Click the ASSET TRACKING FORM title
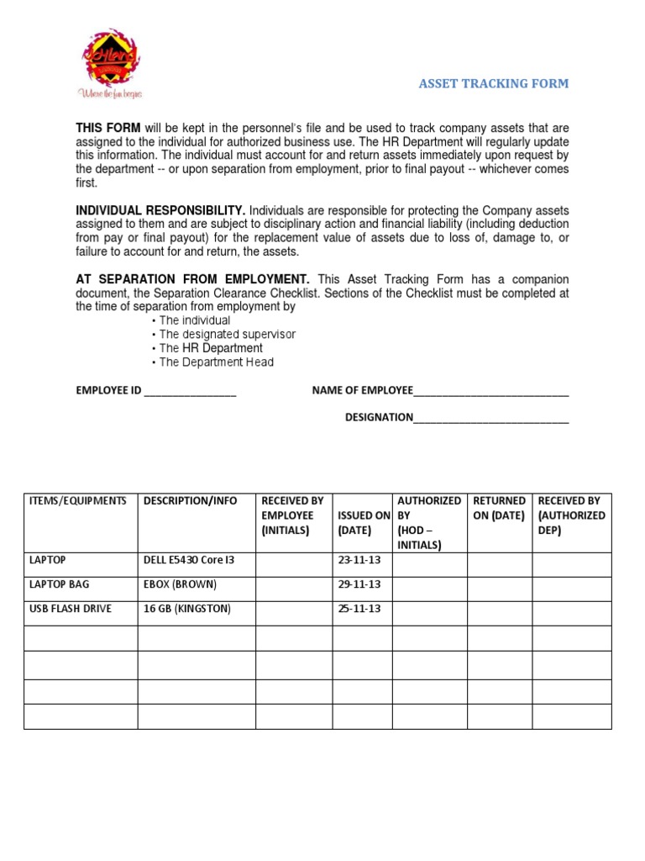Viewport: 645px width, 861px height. click(x=494, y=84)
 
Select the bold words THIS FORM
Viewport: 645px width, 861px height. click(x=108, y=128)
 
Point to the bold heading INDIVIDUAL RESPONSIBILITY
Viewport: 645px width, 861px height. click(x=160, y=210)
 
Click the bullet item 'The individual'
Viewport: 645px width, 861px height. click(x=194, y=320)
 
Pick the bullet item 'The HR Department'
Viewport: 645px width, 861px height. click(x=210, y=348)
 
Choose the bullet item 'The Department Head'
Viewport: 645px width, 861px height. click(x=216, y=362)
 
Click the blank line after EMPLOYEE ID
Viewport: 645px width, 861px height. click(x=190, y=392)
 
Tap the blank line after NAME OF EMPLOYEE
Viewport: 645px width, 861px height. click(x=491, y=392)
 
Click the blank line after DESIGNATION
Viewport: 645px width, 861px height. click(x=491, y=418)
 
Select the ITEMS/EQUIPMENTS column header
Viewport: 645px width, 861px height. click(x=78, y=501)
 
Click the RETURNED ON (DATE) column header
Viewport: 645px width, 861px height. click(x=499, y=508)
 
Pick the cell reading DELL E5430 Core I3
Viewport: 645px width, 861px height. click(x=189, y=560)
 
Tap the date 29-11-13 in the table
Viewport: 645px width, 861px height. click(x=359, y=584)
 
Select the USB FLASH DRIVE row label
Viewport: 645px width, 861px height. click(x=71, y=609)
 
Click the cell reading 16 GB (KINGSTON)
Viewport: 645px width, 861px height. click(x=187, y=609)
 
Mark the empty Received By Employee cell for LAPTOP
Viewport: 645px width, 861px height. click(x=293, y=564)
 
